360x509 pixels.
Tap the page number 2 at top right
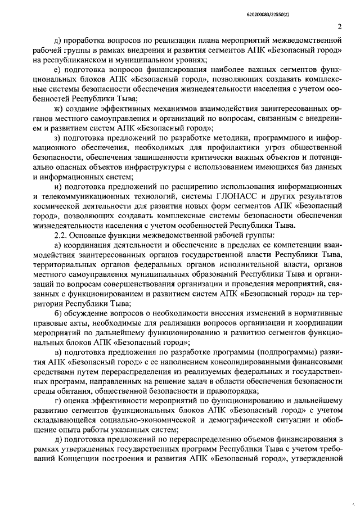340,27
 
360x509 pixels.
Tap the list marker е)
57,69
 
